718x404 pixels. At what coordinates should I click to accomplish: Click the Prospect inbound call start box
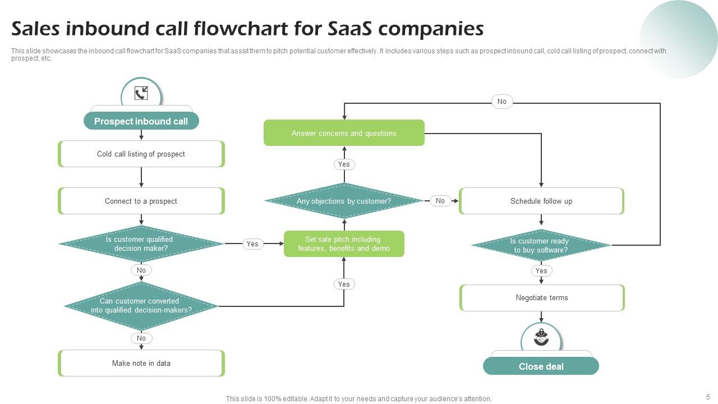(141, 121)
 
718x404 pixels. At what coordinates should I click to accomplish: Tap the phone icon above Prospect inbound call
(141, 94)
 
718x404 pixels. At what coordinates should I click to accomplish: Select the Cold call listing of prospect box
(141, 154)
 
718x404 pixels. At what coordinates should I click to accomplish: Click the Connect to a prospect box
(141, 201)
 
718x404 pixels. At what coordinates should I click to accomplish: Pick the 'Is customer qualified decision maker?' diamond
(141, 244)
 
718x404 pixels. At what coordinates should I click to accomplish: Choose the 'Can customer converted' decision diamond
(141, 306)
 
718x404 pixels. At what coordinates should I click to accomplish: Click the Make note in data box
(141, 363)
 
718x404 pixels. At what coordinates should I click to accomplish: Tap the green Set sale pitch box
(344, 244)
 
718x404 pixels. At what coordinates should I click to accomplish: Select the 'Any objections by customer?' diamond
(344, 201)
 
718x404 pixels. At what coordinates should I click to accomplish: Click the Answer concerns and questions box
(344, 133)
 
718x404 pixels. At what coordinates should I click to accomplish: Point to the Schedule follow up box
(541, 201)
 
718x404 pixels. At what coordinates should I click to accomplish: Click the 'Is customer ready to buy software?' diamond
(541, 245)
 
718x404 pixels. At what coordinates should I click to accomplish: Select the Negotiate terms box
(541, 297)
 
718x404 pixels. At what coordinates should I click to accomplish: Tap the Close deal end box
(541, 366)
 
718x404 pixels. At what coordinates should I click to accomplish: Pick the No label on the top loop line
(501, 102)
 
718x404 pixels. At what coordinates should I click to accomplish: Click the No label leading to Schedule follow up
(440, 201)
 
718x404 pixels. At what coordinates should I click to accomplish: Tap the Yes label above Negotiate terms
(541, 270)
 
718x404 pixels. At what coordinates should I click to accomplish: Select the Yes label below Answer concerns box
(344, 164)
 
